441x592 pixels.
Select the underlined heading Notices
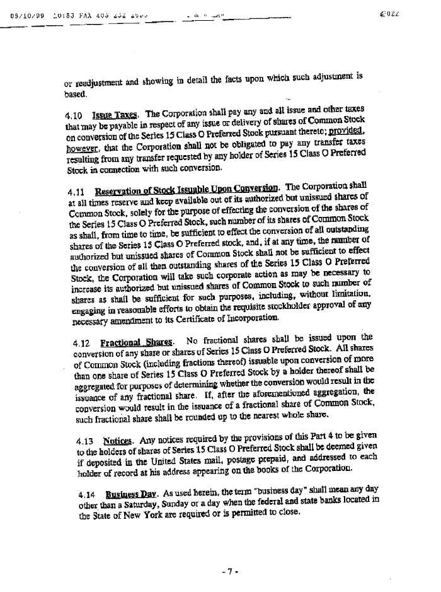(116, 441)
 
